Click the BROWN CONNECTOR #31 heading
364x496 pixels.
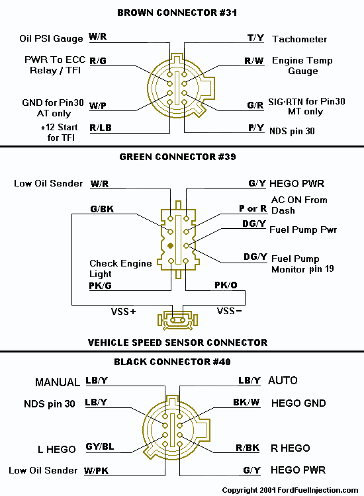pos(177,12)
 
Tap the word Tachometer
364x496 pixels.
pos(299,39)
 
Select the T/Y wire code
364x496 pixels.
pos(255,38)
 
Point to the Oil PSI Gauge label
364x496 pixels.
pos(51,39)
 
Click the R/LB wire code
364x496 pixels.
pos(101,127)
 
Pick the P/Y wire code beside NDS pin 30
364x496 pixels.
pos(255,127)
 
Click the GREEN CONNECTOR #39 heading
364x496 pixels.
pos(177,157)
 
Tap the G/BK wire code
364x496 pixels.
pos(102,208)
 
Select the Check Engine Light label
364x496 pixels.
pos(120,269)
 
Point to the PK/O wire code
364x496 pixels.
pos(225,285)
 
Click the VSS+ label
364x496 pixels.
pos(123,310)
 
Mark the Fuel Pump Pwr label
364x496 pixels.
pos(304,229)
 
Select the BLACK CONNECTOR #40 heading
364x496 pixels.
pos(177,362)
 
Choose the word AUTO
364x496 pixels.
pos(283,381)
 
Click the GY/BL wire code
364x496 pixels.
pos(100,446)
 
